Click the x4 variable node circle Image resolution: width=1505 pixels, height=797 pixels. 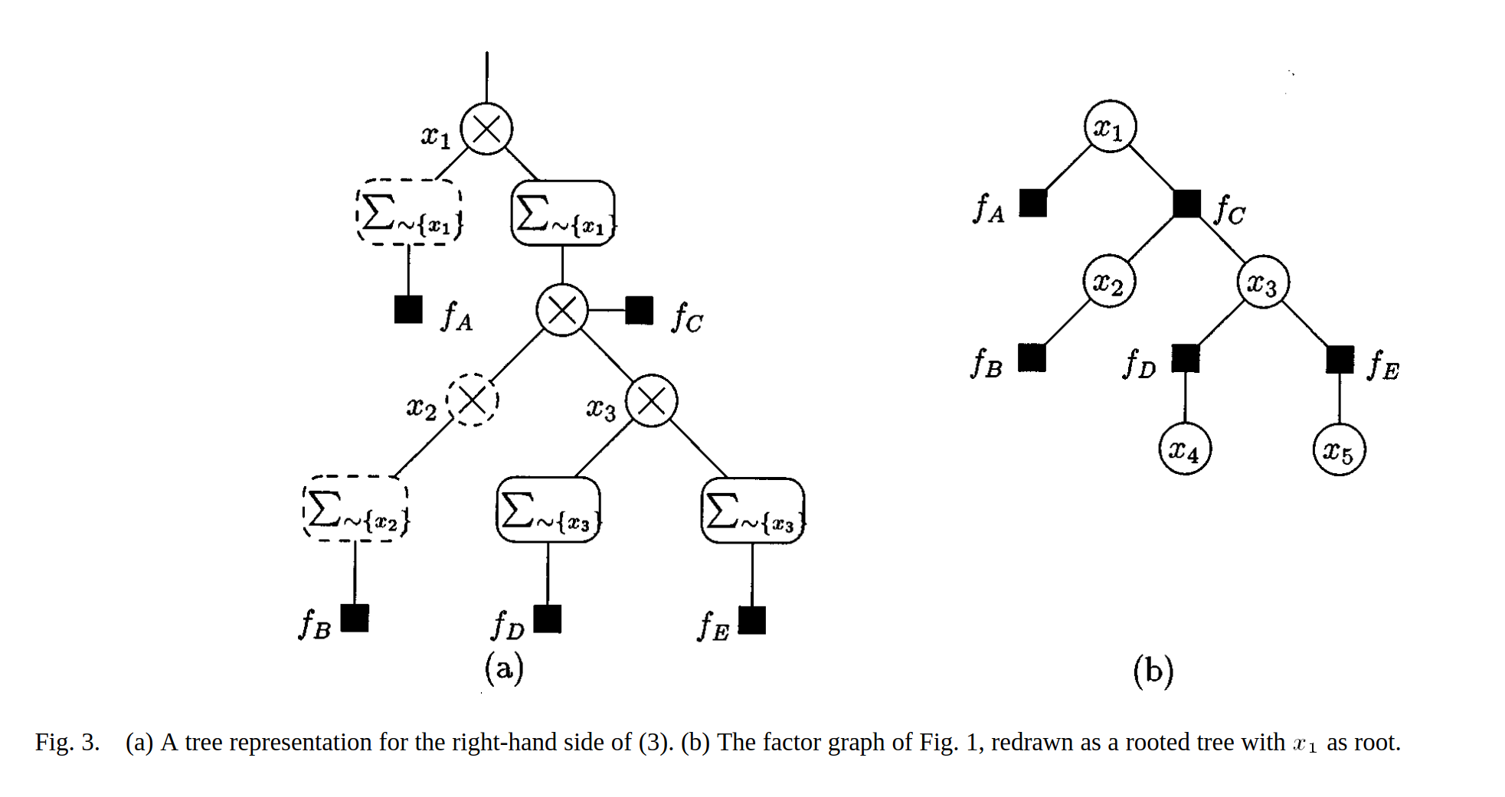click(x=1184, y=449)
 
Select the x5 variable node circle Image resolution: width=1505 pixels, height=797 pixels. click(x=1339, y=450)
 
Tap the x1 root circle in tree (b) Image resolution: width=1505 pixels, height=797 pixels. click(x=1110, y=126)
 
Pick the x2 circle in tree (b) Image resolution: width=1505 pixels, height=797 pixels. click(x=1109, y=281)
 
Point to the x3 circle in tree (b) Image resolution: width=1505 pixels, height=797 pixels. click(x=1263, y=282)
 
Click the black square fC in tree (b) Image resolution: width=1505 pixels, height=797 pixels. click(x=1186, y=204)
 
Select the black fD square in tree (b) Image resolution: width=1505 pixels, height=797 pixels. click(x=1186, y=358)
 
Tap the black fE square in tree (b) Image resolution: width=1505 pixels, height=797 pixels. click(x=1340, y=359)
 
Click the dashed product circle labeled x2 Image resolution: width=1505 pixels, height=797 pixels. click(x=473, y=400)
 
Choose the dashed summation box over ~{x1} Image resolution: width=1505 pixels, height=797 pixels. click(x=410, y=213)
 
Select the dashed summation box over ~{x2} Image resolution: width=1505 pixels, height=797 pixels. click(x=356, y=509)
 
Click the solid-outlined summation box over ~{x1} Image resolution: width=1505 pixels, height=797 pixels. click(x=563, y=214)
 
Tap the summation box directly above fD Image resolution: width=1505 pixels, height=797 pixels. click(x=548, y=510)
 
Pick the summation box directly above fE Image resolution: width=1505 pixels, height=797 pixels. click(x=753, y=511)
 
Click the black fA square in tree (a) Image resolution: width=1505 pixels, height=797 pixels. click(x=408, y=309)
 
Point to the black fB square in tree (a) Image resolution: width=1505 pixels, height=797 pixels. click(x=355, y=618)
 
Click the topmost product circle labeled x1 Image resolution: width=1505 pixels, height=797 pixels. click(x=486, y=129)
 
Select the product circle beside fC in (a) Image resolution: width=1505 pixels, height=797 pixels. click(x=562, y=310)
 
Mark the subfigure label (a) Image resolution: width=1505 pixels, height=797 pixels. click(x=504, y=668)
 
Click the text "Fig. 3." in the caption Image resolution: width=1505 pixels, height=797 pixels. click(x=67, y=742)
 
